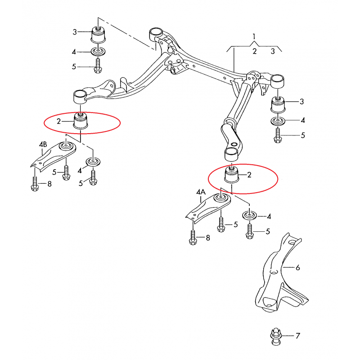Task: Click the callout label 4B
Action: tap(43, 144)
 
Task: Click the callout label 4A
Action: tap(201, 192)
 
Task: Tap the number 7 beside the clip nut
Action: tap(298, 336)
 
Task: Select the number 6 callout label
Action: tap(298, 267)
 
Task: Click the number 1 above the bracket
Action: tap(254, 36)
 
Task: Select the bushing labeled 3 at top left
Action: tap(98, 35)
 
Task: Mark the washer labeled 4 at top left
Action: tap(99, 51)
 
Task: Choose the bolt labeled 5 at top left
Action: tap(98, 66)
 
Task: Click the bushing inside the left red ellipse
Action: tap(81, 121)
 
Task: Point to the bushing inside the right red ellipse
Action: tap(231, 175)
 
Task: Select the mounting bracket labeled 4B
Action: tap(53, 155)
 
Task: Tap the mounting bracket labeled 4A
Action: tap(208, 208)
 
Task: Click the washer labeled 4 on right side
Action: tap(278, 121)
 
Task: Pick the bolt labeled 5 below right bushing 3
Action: tap(278, 135)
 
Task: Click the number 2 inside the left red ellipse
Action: tap(59, 121)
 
